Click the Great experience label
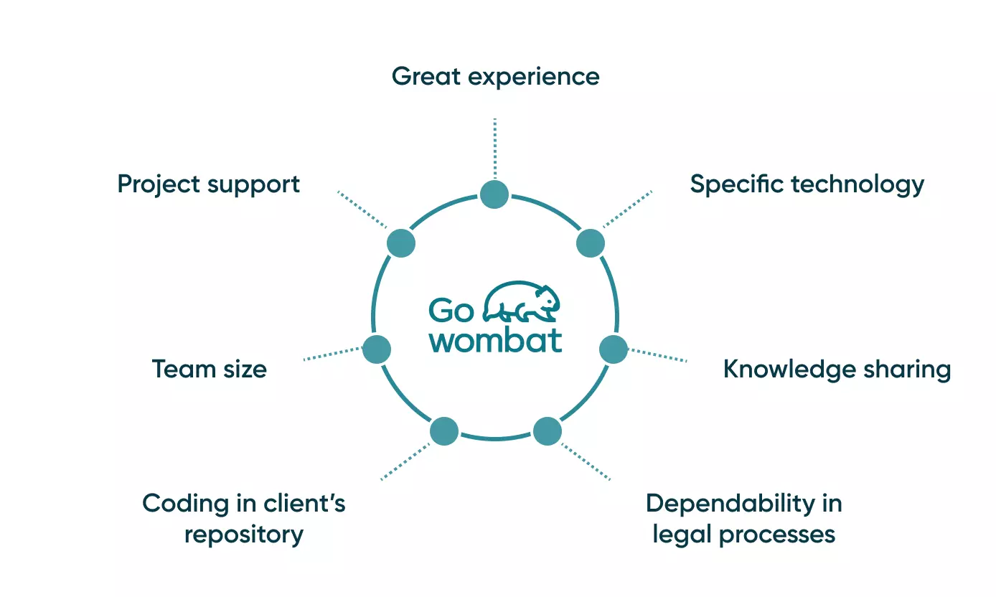pyautogui.click(x=495, y=76)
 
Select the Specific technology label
pyautogui.click(x=807, y=184)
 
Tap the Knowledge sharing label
pyautogui.click(x=837, y=370)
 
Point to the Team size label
pyautogui.click(x=209, y=370)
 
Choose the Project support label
pyautogui.click(x=208, y=184)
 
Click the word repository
pyautogui.click(x=244, y=535)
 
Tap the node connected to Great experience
pyautogui.click(x=494, y=194)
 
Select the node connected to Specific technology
pyautogui.click(x=591, y=243)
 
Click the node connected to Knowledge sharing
pyautogui.click(x=614, y=349)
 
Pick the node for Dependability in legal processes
pyautogui.click(x=548, y=431)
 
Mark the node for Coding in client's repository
pyautogui.click(x=444, y=431)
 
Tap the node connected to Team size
pyautogui.click(x=377, y=349)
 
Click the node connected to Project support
pyautogui.click(x=401, y=243)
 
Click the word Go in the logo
pyautogui.click(x=451, y=311)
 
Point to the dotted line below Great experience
pyautogui.click(x=494, y=147)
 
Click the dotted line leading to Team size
pyautogui.click(x=333, y=354)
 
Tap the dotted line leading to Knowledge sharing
pyautogui.click(x=657, y=355)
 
